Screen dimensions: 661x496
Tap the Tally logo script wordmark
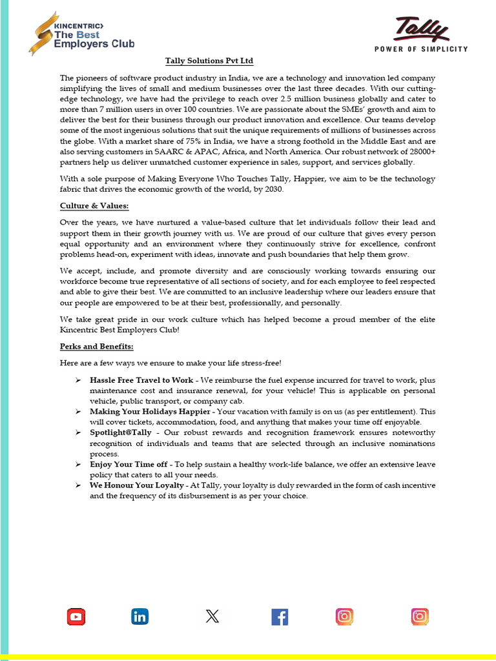tap(420, 30)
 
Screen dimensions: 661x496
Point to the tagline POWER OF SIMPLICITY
tap(421, 50)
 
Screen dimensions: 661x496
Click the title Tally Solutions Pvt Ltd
tap(209, 61)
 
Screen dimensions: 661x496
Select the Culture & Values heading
tap(94, 206)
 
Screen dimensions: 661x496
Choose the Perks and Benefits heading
tap(96, 347)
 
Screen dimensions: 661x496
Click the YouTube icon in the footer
tap(76, 616)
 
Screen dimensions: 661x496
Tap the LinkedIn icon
tap(139, 616)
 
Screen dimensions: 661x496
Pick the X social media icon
tap(212, 616)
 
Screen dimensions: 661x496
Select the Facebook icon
tap(280, 616)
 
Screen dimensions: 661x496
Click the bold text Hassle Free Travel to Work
tap(141, 380)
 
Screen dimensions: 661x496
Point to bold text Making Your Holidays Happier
tap(150, 411)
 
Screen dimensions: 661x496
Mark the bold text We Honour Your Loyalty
tap(137, 485)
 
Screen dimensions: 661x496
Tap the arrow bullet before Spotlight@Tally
tap(77, 432)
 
